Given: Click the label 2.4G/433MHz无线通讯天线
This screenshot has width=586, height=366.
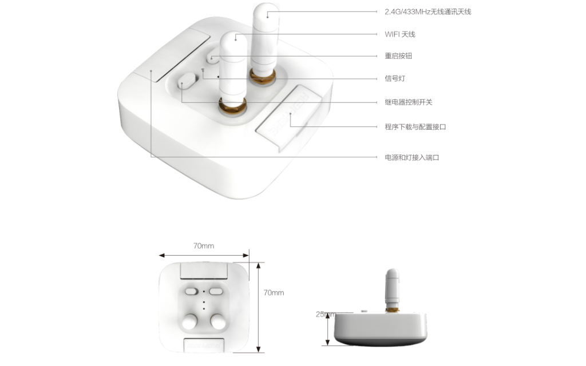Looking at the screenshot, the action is [428, 12].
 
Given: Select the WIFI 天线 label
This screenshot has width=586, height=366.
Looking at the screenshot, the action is [400, 34].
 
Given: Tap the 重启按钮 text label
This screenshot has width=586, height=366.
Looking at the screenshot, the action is [398, 56].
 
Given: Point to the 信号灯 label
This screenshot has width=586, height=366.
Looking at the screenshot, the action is [395, 78].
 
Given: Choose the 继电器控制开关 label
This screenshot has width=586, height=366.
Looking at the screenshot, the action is [409, 102].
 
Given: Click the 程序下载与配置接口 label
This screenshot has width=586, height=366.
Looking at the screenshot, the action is [415, 127].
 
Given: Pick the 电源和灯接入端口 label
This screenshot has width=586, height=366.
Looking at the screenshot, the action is [412, 158].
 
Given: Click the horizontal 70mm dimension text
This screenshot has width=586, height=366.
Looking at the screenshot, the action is [204, 246].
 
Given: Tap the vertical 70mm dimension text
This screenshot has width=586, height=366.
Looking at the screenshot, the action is [274, 293].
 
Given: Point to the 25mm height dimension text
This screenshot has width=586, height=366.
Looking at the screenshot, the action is [326, 315].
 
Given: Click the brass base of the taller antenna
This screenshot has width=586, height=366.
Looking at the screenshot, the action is [263, 77].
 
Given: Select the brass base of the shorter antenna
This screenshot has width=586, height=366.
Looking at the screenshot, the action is [232, 106].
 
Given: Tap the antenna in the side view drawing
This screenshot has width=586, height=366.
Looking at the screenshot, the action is [392, 289].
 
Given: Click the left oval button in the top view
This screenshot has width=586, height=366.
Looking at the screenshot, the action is [191, 291].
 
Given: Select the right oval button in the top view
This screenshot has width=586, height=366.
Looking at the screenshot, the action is [216, 291].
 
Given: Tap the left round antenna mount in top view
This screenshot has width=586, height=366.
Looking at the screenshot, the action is [190, 321].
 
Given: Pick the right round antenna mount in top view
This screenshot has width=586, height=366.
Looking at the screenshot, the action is [217, 321].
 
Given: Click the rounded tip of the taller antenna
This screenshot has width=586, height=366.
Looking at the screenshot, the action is [266, 9].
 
